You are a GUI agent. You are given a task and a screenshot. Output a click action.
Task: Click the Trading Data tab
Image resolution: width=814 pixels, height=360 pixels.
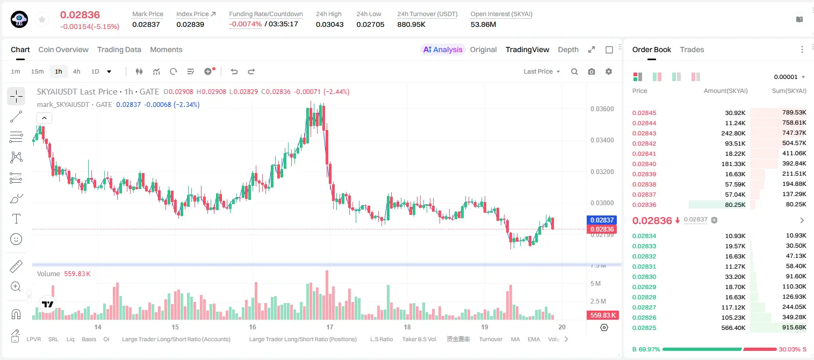(119, 49)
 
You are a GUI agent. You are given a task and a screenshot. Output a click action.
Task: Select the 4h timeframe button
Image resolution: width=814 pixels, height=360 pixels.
(76, 71)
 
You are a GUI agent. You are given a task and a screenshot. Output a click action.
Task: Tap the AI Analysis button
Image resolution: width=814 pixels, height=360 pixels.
(443, 49)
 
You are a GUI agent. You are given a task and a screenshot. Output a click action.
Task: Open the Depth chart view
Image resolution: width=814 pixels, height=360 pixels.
(568, 49)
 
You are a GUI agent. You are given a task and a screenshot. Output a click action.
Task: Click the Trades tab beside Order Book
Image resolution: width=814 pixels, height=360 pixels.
(692, 49)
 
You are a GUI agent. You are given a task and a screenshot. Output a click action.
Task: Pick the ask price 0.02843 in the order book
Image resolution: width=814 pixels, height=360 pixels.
(644, 133)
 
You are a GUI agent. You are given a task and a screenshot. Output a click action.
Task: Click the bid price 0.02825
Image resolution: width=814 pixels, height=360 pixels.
(644, 328)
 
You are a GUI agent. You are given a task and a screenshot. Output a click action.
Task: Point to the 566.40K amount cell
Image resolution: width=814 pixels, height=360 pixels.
(733, 328)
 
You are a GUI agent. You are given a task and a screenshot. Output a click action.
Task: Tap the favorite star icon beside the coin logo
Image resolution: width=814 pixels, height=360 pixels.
(42, 19)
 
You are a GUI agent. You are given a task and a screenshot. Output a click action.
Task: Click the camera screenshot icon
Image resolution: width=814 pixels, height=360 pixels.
(592, 71)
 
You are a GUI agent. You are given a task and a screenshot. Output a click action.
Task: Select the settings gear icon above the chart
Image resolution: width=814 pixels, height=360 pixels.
(609, 71)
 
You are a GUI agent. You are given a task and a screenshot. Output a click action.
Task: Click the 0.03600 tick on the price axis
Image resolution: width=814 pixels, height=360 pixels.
(602, 109)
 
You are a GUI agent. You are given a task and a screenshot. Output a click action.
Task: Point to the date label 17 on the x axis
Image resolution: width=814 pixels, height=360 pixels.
(329, 327)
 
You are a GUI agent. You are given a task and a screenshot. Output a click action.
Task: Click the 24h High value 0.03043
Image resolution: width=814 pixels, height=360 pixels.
(329, 24)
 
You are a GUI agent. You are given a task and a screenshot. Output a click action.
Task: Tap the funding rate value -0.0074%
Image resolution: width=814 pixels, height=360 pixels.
(246, 24)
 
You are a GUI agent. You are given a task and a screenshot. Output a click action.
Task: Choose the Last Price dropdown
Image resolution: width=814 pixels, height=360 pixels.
(542, 71)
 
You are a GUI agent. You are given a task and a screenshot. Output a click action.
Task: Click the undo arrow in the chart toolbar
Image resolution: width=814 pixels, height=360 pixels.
(234, 71)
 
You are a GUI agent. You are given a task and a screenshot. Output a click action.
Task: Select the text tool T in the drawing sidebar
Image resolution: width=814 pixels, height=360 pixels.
(16, 219)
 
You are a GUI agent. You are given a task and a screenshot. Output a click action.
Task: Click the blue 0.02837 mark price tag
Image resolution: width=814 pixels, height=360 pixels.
(602, 220)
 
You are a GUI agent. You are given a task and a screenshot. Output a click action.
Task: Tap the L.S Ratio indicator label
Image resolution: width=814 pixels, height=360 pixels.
(381, 339)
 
